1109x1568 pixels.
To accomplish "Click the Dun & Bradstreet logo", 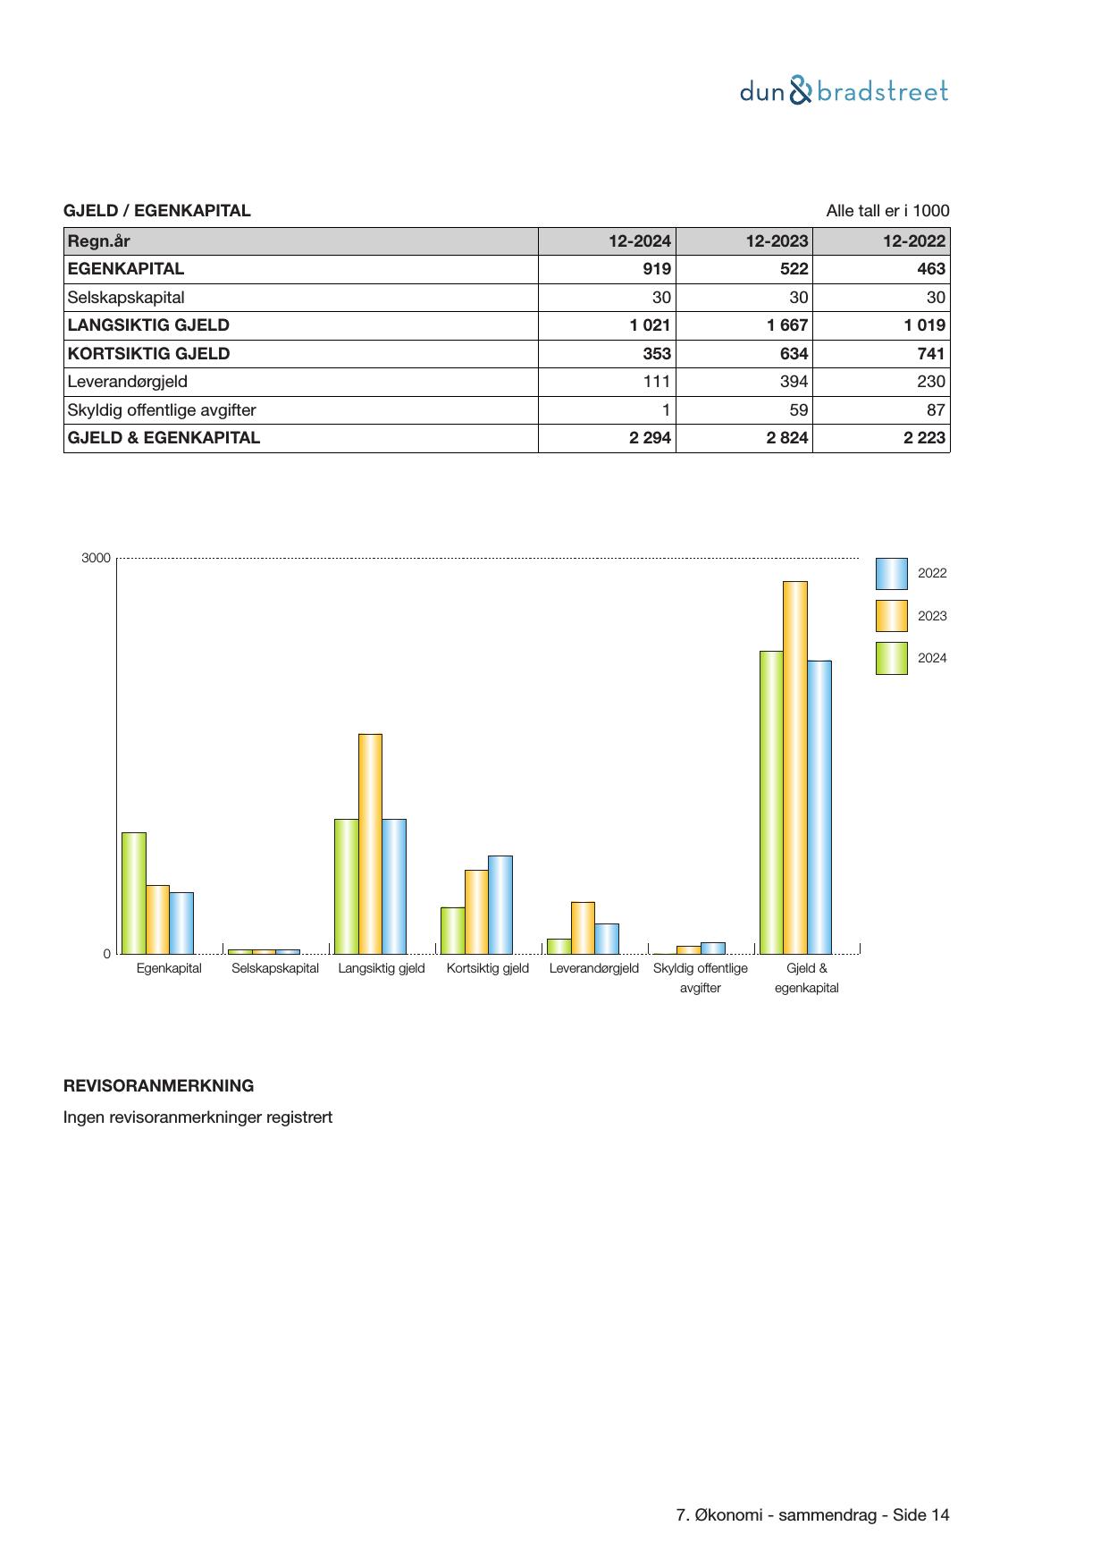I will (844, 91).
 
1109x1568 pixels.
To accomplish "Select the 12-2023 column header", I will (777, 240).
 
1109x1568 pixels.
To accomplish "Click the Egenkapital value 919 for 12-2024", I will (657, 269).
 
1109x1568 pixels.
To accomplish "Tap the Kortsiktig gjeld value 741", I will (930, 353).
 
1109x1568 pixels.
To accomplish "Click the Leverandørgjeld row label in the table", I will (128, 382).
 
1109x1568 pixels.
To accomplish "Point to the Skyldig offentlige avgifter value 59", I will (798, 410).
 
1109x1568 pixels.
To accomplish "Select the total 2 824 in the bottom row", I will (786, 438).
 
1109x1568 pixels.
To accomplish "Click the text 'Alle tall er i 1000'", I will (887, 211).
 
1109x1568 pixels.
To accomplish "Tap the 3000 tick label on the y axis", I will (96, 558).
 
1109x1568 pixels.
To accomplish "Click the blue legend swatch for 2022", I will (891, 574).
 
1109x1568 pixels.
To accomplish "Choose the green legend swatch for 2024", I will (891, 658).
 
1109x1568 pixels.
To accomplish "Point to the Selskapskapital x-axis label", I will (275, 968).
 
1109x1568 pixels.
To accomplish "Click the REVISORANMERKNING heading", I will (158, 1086).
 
